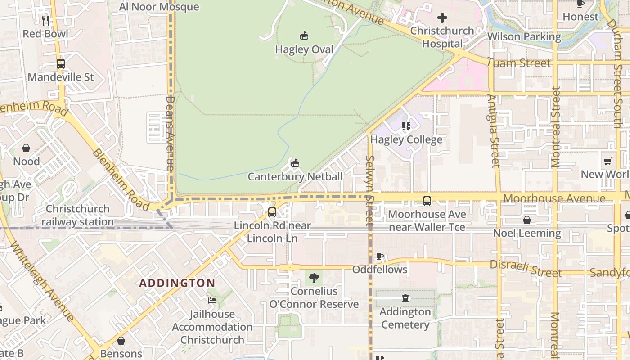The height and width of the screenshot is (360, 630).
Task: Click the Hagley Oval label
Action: pyautogui.click(x=304, y=49)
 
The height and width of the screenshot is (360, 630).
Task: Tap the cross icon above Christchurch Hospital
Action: pyautogui.click(x=442, y=18)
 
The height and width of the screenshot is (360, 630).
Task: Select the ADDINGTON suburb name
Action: pyautogui.click(x=177, y=283)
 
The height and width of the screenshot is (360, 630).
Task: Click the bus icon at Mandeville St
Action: pyautogui.click(x=61, y=64)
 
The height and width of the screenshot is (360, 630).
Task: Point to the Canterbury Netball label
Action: pyautogui.click(x=295, y=176)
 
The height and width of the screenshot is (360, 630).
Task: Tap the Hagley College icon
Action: pyautogui.click(x=406, y=126)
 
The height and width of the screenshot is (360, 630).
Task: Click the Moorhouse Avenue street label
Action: pyautogui.click(x=554, y=198)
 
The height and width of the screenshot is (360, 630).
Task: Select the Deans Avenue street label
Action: pyautogui.click(x=170, y=133)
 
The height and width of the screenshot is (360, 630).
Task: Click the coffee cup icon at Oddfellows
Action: pyautogui.click(x=379, y=256)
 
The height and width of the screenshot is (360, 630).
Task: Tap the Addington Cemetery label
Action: pyautogui.click(x=405, y=318)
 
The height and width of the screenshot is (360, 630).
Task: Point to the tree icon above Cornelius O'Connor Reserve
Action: pyautogui.click(x=314, y=278)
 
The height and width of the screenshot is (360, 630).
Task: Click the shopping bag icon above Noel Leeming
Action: pyautogui.click(x=526, y=220)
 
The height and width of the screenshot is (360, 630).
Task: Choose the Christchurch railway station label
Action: pyautogui.click(x=77, y=216)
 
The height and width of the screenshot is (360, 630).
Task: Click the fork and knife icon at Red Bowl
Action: pyautogui.click(x=45, y=20)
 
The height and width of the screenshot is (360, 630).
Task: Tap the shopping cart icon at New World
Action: pyautogui.click(x=608, y=161)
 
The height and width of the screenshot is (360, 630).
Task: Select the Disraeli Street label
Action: pyautogui.click(x=526, y=269)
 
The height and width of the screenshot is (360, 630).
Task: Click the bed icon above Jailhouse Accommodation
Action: pyautogui.click(x=212, y=300)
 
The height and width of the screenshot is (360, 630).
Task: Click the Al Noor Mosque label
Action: pyautogui.click(x=159, y=7)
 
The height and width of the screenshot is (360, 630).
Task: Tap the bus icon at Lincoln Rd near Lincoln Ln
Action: pyautogui.click(x=272, y=212)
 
